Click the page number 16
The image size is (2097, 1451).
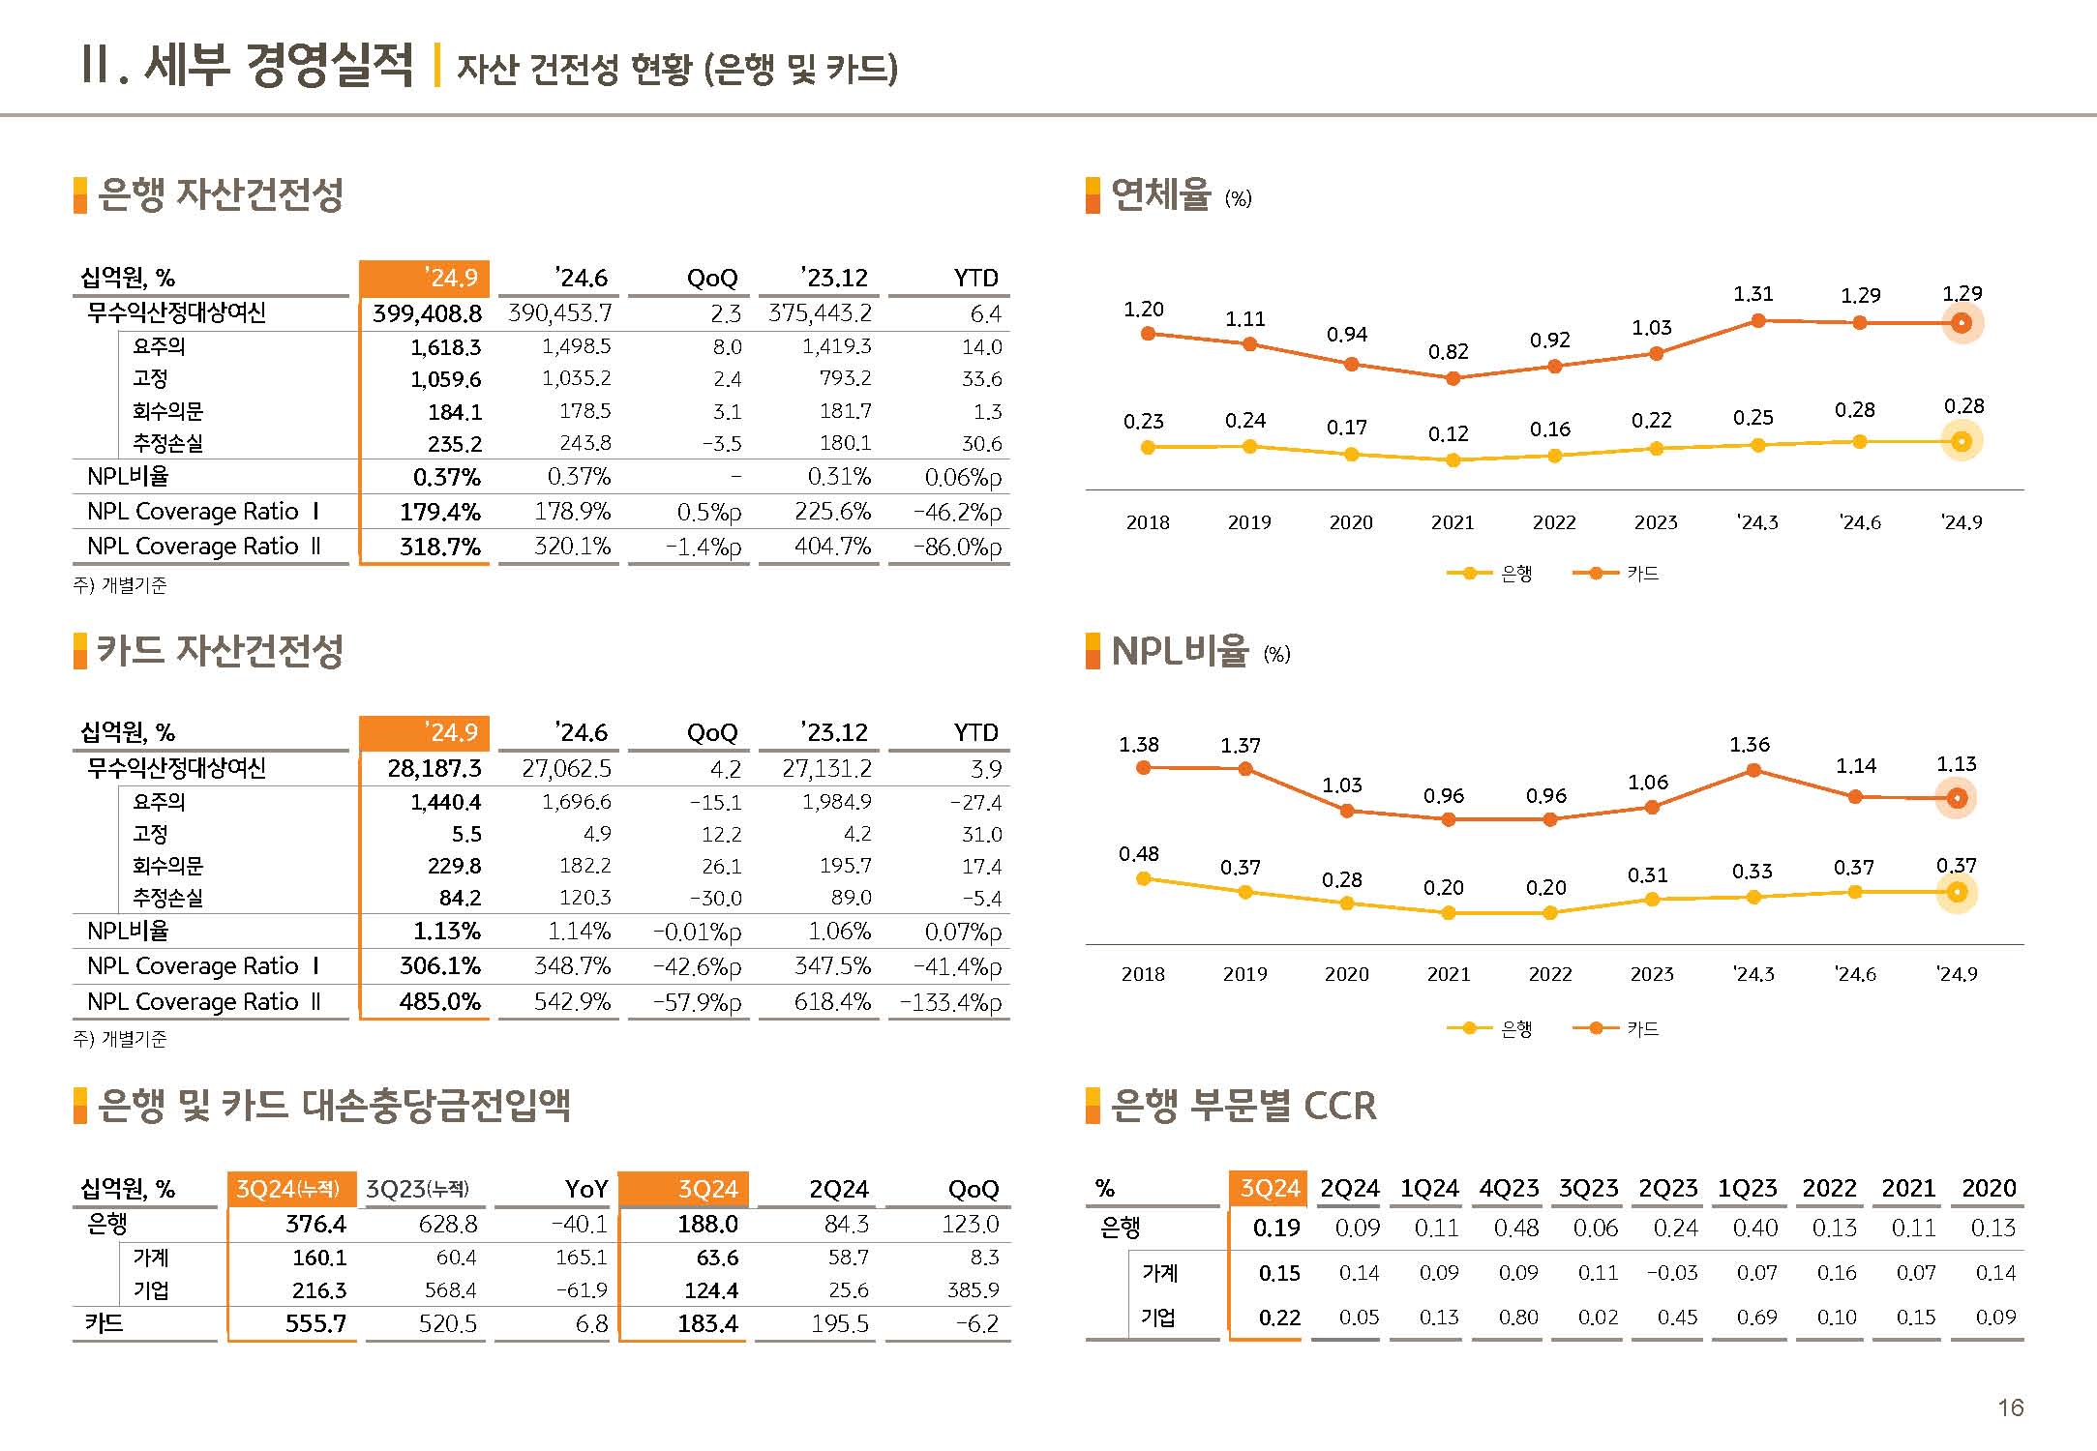2010,1407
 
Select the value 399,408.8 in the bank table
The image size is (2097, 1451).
427,313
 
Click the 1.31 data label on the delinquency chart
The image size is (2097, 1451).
1752,294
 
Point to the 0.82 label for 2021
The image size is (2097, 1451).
1448,352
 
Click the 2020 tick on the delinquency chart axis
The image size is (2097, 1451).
1351,522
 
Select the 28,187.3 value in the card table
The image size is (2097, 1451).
434,768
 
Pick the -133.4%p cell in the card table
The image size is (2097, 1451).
950,1002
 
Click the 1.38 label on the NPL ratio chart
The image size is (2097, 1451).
1139,745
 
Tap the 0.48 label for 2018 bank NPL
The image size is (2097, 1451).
1139,854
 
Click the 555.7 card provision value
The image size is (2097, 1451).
315,1323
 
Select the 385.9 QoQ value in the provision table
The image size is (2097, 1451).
973,1290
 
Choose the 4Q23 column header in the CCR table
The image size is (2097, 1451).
1509,1188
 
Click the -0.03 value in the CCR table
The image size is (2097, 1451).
1672,1273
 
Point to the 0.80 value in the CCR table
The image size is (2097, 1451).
1517,1318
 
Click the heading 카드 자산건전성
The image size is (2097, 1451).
220,650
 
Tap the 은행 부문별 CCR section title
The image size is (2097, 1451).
1243,1106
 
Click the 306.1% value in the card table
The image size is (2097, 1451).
440,966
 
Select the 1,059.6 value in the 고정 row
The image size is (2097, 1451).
445,379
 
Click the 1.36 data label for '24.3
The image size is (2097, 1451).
1750,745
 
